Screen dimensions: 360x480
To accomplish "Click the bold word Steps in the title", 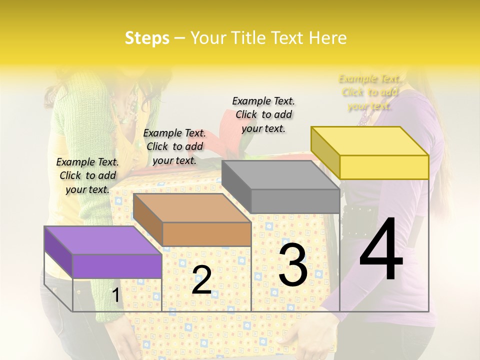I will tap(147, 38).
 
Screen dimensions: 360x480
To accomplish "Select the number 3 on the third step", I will tap(292, 264).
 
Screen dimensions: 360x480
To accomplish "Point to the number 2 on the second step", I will tap(201, 280).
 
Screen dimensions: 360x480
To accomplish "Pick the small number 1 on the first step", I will tap(115, 295).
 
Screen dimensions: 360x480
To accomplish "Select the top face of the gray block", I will tap(280, 175).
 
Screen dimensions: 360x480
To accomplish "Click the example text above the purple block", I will tap(87, 175).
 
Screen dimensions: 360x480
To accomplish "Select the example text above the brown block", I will tap(174, 146).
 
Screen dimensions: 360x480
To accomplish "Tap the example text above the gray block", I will tap(263, 114).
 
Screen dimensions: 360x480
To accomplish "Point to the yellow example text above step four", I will tap(369, 92).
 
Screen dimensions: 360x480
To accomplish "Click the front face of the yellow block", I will tap(384, 167).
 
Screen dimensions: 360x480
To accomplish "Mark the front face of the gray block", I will tap(295, 201).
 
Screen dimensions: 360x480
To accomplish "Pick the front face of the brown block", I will tap(206, 234).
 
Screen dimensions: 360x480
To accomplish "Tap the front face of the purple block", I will tap(117, 266).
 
